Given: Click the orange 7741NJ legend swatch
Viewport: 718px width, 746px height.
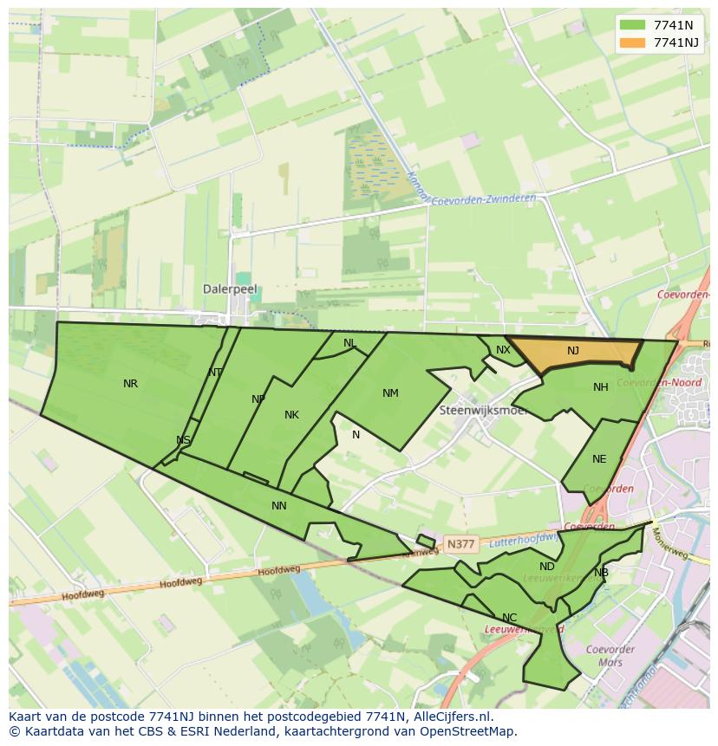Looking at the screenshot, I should pos(633,42).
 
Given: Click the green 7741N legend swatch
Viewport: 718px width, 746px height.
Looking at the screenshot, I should pos(633,25).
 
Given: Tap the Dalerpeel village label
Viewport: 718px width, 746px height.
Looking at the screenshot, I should pos(230,289).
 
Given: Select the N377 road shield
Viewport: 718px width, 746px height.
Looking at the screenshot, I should pos(460,544).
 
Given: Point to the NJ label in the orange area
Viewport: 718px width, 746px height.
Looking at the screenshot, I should pos(573,351).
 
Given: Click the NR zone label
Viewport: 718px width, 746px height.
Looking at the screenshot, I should pos(130,384).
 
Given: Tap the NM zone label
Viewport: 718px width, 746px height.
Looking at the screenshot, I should pos(390,393).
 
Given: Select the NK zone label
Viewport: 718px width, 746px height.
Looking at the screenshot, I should pos(291,415).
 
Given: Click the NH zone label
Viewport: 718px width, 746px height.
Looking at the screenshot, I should pos(600,387).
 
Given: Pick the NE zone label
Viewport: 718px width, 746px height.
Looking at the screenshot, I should pos(599,459).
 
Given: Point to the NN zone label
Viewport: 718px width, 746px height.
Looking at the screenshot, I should pos(278,506).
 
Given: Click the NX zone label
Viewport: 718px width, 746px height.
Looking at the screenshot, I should pos(503,350).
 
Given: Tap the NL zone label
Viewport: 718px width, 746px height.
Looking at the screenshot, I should pos(349,343).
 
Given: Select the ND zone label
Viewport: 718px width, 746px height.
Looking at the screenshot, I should pos(546,567).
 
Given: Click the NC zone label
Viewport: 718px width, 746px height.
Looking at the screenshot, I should pos(509,618).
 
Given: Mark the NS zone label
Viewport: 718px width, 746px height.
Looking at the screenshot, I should pos(183,440).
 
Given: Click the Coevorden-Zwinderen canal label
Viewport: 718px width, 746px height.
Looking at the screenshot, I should pos(483,198).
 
